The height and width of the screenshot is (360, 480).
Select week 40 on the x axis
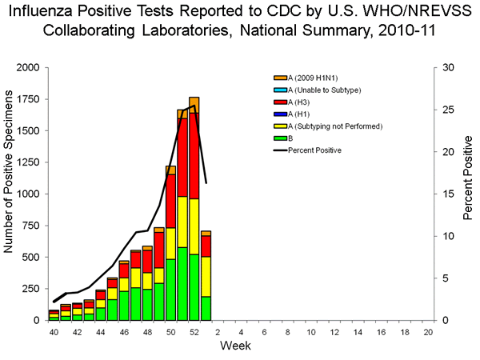pyautogui.click(x=54, y=331)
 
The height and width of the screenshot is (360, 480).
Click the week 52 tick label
pyautogui.click(x=194, y=331)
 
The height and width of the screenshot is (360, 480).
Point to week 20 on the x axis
pyautogui.click(x=428, y=331)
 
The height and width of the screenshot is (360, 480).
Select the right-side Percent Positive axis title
pyautogui.click(x=467, y=194)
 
